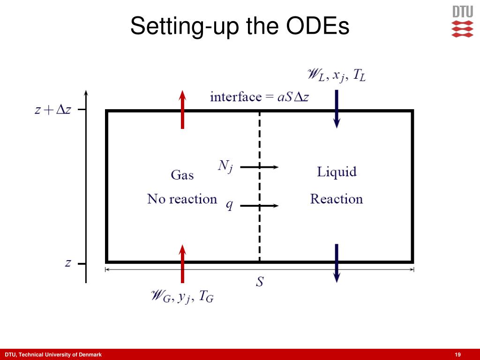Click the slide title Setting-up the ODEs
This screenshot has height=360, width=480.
pyautogui.click(x=240, y=27)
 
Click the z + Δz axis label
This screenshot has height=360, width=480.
pyautogui.click(x=52, y=111)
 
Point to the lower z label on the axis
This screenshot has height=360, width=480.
pyautogui.click(x=68, y=263)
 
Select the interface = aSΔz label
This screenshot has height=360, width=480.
pyautogui.click(x=259, y=97)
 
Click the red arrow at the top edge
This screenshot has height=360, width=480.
pyautogui.click(x=182, y=109)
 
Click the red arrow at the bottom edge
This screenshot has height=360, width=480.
pyautogui.click(x=182, y=263)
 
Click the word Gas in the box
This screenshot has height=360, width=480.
pyautogui.click(x=182, y=176)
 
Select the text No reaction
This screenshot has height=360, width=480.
pyautogui.click(x=182, y=199)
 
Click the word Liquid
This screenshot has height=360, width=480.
pyautogui.click(x=337, y=172)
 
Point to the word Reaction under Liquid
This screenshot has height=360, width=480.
pyautogui.click(x=337, y=199)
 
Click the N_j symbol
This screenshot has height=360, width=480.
pyautogui.click(x=225, y=166)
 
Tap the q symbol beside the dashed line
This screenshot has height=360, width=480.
pyautogui.click(x=229, y=205)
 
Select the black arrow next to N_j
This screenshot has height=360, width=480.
pyautogui.click(x=260, y=166)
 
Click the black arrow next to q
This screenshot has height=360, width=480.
pyautogui.click(x=260, y=205)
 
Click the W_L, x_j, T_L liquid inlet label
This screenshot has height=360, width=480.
pyautogui.click(x=336, y=75)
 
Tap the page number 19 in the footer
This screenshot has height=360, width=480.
pyautogui.click(x=458, y=354)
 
